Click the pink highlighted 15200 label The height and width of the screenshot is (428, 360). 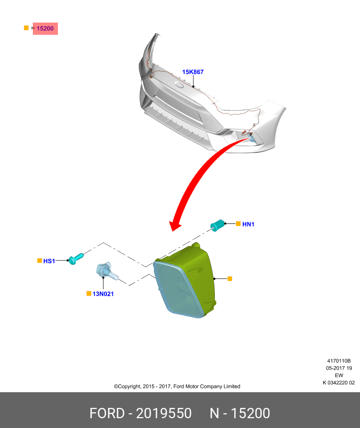coord(45,28)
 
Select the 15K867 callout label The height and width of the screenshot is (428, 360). coord(193,72)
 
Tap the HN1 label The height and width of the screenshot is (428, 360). coord(248,224)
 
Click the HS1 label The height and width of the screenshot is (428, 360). coord(49,261)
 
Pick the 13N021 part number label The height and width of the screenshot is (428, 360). coord(103,294)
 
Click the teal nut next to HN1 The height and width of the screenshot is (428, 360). coord(217,225)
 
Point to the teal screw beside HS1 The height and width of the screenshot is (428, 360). coord(76,258)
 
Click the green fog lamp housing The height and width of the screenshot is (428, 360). coord(184,280)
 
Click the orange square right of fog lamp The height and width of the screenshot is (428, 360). coord(230,278)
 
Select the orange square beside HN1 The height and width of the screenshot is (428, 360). coord(238,224)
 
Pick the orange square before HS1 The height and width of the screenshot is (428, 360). coord(40,261)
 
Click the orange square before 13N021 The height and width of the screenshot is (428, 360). coord(89,294)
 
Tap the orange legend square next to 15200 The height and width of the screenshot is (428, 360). coord(26,28)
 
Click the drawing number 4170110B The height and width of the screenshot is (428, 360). coord(339,361)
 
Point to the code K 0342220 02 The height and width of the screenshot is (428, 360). coord(339,383)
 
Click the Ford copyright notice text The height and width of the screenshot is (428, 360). coord(177,386)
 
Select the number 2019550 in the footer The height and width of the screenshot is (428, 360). coord(164,413)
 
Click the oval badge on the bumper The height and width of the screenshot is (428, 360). coord(180,85)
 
